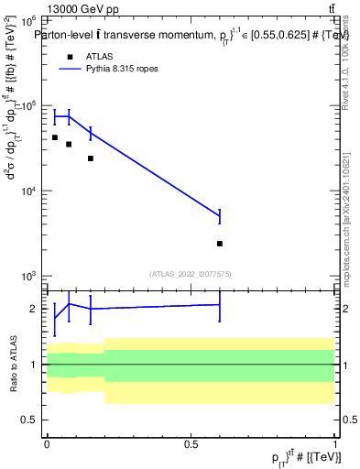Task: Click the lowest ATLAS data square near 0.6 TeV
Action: coord(220,244)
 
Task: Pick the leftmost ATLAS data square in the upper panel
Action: coord(55,137)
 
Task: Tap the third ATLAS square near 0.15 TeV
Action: coord(91,158)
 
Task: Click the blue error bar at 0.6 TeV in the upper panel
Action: coord(220,216)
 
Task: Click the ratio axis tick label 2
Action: coord(34,309)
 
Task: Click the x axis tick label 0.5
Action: coord(191,442)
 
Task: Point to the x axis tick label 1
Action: coord(335,442)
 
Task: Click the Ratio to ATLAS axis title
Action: coord(14,364)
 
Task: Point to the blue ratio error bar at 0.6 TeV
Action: coord(220,304)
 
